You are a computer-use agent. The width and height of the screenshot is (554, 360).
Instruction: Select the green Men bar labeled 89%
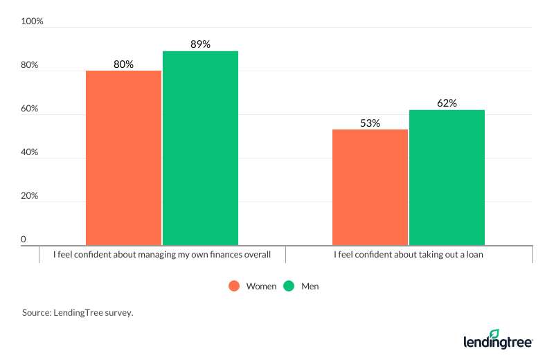tap(200, 148)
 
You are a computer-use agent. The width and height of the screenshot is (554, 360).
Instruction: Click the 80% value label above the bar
tap(123, 64)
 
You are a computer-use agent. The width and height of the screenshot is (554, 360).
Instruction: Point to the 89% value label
tap(200, 45)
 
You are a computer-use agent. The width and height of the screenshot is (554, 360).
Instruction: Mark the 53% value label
tap(370, 123)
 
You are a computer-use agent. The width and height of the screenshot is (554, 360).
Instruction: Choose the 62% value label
tap(447, 104)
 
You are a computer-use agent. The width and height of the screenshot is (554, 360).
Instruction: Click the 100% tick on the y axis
tap(32, 21)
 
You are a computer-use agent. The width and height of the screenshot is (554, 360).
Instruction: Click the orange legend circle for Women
tap(233, 286)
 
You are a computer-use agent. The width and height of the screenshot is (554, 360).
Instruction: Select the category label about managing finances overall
tap(161, 255)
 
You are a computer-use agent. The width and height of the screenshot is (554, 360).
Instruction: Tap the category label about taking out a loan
tap(408, 255)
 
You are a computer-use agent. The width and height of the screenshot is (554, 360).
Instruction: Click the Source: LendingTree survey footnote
tap(77, 313)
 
